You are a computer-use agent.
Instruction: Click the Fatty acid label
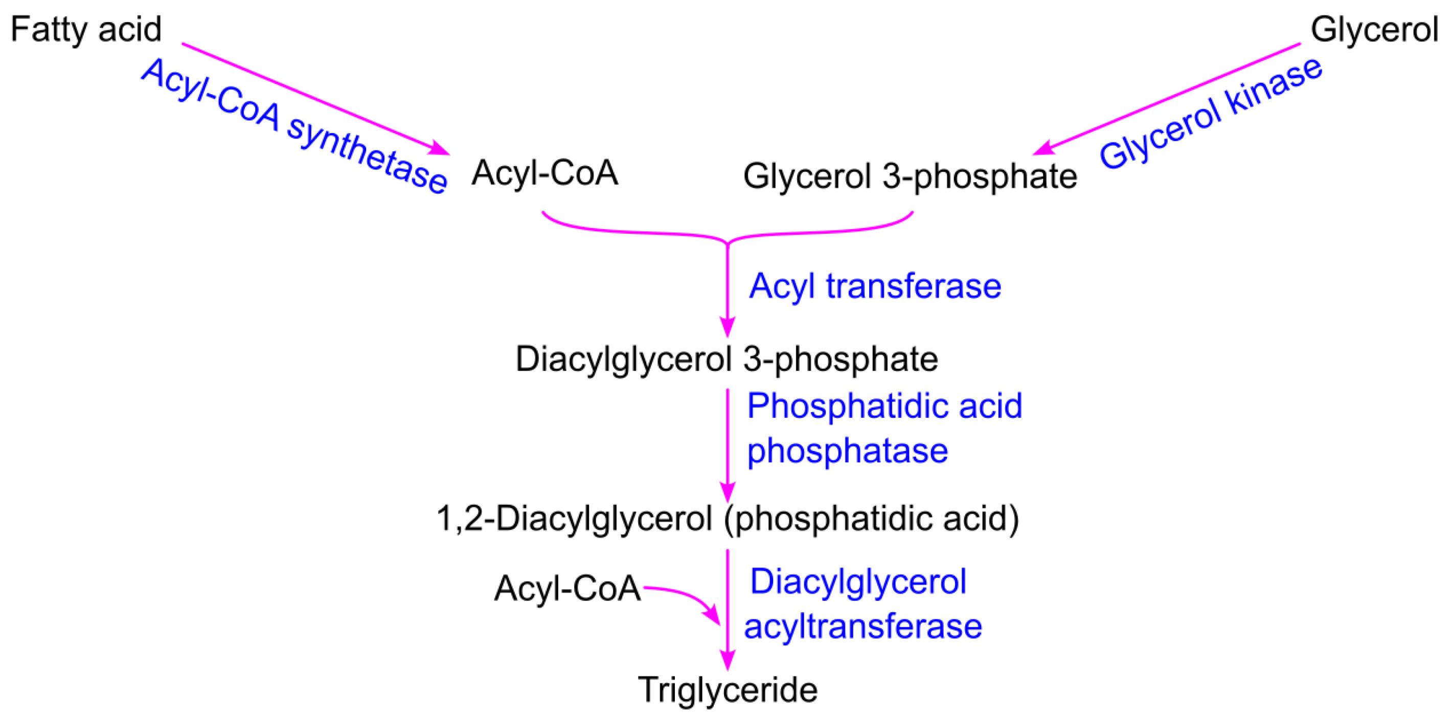[x=86, y=29]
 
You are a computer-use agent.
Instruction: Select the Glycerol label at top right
[x=1374, y=29]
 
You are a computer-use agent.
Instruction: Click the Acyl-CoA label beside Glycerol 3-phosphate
[x=544, y=172]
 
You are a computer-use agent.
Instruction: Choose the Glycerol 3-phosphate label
[x=910, y=176]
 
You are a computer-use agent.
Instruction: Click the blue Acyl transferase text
[x=875, y=286]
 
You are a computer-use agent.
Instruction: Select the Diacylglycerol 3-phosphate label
[x=727, y=359]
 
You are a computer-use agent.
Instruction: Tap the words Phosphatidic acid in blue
[x=884, y=406]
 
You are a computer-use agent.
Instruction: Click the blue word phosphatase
[x=847, y=451]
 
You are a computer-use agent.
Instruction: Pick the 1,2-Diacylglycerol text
[x=574, y=518]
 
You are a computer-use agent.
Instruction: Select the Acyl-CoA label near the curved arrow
[x=567, y=588]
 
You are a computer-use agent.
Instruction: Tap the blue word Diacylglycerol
[x=858, y=582]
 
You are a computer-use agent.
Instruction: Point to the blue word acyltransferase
[x=863, y=627]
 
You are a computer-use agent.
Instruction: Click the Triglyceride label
[x=727, y=689]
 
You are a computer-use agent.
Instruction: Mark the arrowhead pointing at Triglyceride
[x=728, y=660]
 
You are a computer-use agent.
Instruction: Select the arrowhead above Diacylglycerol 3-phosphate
[x=728, y=326]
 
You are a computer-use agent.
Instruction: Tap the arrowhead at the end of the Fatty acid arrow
[x=440, y=149]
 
